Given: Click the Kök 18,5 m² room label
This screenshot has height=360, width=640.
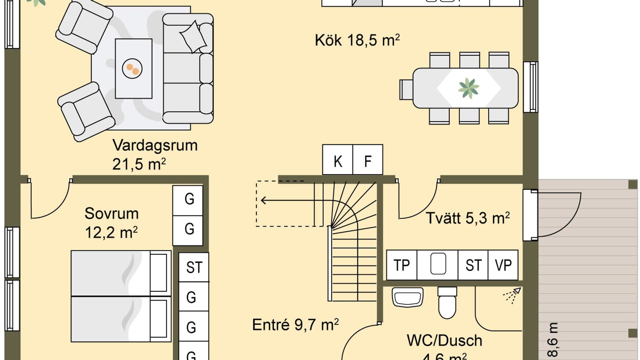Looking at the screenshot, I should tap(357, 40).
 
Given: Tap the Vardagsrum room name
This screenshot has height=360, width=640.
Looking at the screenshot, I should tap(155, 145).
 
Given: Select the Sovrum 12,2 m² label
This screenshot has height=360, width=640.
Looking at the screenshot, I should tap(111, 223).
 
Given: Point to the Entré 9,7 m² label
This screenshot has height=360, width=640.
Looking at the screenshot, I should tap(295, 324).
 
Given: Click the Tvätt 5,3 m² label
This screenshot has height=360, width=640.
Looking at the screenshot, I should tap(468, 218).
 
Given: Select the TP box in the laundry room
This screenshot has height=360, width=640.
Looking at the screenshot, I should tap(402, 265).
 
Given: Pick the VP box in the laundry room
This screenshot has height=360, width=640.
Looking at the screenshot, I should tap(503, 265).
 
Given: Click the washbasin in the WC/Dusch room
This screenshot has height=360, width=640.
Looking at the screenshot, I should tap(408, 297).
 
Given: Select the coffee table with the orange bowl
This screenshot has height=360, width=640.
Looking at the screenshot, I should tap(133, 69).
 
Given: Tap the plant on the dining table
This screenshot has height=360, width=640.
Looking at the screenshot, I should tap(468, 88).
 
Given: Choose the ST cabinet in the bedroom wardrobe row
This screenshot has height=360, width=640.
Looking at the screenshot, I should tap(194, 267).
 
